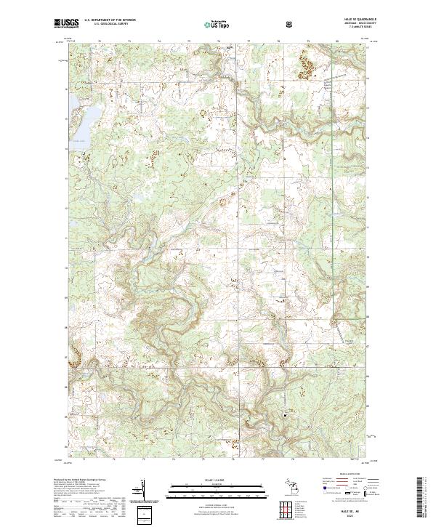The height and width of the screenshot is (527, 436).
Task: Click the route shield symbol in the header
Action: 249,24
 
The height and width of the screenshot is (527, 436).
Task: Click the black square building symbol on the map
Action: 285,415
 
